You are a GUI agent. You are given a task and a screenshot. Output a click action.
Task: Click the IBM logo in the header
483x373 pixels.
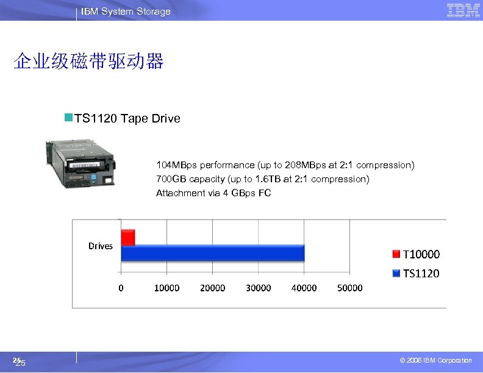pyautogui.click(x=463, y=10)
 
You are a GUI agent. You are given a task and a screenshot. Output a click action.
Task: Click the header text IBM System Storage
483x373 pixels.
pyautogui.click(x=126, y=12)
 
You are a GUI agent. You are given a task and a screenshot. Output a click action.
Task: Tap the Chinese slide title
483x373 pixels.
pyautogui.click(x=89, y=62)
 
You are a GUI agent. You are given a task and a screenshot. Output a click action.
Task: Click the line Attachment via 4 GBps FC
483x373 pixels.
pyautogui.click(x=213, y=193)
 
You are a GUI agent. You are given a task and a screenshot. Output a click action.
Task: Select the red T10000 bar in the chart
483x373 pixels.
pyautogui.click(x=127, y=237)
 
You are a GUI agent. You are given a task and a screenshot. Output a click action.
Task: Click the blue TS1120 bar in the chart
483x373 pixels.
pyautogui.click(x=213, y=253)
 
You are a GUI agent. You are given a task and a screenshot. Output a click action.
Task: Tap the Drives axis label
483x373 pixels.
pyautogui.click(x=101, y=246)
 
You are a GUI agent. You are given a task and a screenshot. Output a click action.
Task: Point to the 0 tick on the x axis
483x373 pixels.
pyautogui.click(x=121, y=288)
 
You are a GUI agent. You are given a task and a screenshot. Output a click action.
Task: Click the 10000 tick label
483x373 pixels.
pyautogui.click(x=166, y=288)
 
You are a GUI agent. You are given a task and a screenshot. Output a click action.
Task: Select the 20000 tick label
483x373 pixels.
pyautogui.click(x=212, y=288)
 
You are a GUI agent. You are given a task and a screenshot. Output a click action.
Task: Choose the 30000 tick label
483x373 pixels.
pyautogui.click(x=258, y=288)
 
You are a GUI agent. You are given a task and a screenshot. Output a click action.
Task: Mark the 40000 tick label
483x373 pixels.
pyautogui.click(x=304, y=288)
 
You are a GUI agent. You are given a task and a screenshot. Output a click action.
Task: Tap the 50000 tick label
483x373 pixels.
pyautogui.click(x=349, y=288)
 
